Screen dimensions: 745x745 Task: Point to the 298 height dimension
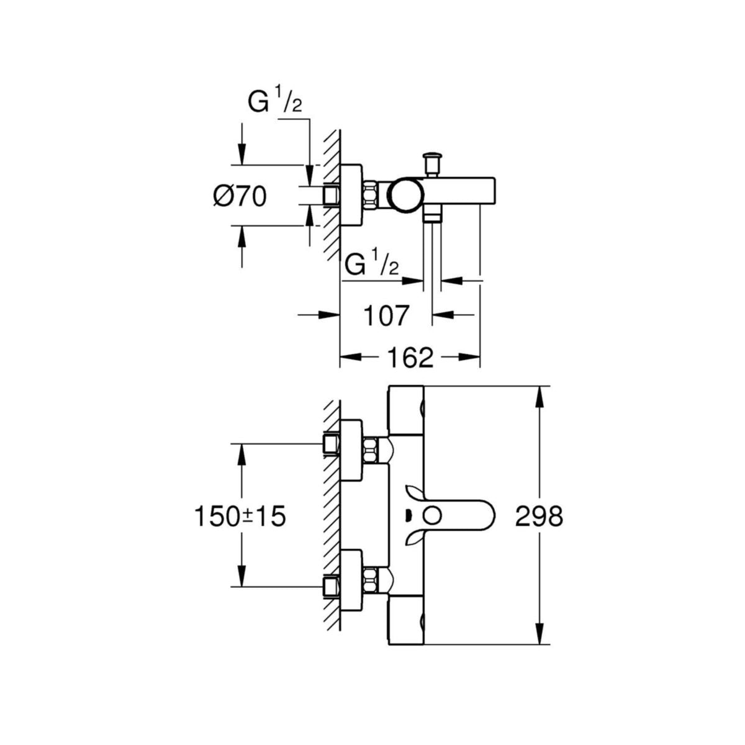pos(539,516)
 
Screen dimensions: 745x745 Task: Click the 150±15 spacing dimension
pos(240,516)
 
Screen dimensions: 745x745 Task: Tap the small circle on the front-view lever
pos(433,515)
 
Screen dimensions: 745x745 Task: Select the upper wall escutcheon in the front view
pos(352,451)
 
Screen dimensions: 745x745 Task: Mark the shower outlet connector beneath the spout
pos(432,217)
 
